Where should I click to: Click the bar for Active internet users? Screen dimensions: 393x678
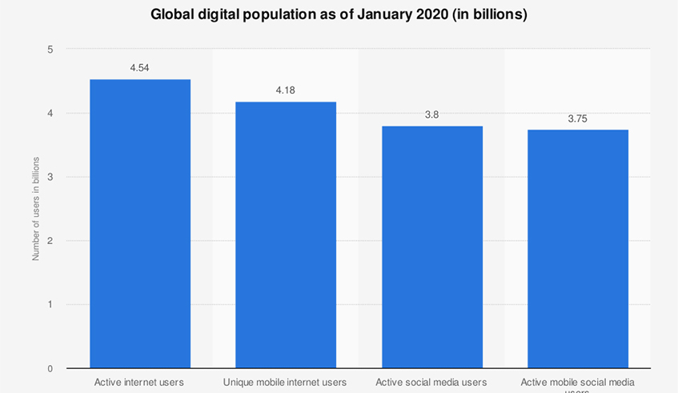click(140, 224)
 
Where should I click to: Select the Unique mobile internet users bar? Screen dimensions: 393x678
click(286, 235)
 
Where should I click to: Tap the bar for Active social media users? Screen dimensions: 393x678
click(431, 247)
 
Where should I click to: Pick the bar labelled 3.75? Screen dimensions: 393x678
click(577, 249)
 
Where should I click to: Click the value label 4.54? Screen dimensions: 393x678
click(140, 68)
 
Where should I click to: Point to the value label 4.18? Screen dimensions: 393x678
click(286, 90)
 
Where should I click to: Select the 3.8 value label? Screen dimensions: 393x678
click(431, 114)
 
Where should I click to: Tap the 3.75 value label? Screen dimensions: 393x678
click(577, 118)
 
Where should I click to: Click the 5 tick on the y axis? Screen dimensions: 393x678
click(50, 50)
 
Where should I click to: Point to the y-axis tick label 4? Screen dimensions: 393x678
click(50, 114)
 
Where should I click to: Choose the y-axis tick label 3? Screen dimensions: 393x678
click(50, 177)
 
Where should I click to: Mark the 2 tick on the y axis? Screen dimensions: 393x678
click(50, 241)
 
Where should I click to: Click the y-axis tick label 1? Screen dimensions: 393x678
click(50, 305)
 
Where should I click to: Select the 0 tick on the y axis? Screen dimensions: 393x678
click(50, 369)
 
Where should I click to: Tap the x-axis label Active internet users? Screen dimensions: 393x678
click(139, 383)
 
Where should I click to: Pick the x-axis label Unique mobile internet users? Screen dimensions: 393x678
click(285, 383)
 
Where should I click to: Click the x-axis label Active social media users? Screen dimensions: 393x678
click(431, 383)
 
